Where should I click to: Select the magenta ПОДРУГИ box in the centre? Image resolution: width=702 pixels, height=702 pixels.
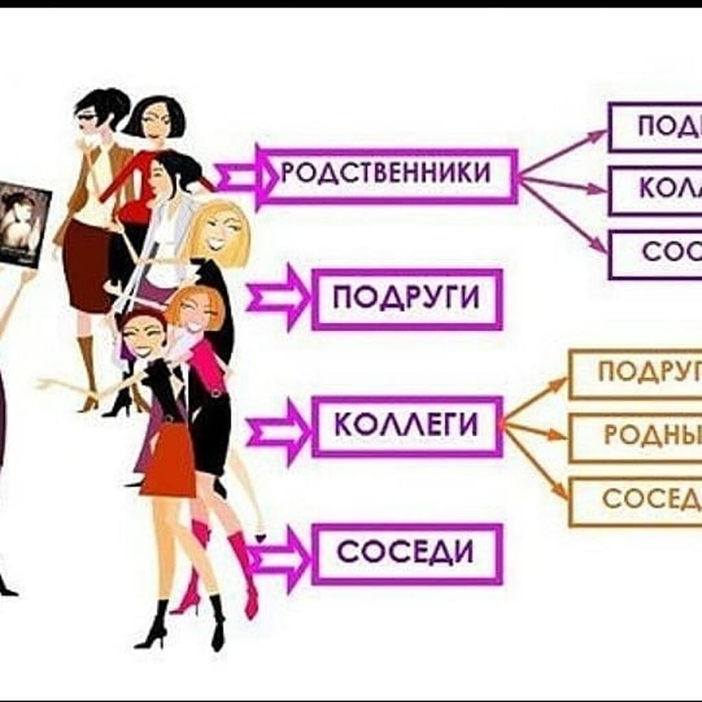pyautogui.click(x=407, y=299)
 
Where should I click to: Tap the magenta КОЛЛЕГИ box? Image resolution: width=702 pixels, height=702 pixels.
pyautogui.click(x=407, y=426)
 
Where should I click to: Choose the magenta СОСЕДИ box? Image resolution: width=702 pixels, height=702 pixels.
pyautogui.click(x=407, y=553)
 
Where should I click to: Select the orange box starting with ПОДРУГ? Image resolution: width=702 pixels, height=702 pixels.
pyautogui.click(x=637, y=373)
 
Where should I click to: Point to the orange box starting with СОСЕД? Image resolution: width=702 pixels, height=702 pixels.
pyautogui.click(x=637, y=500)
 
